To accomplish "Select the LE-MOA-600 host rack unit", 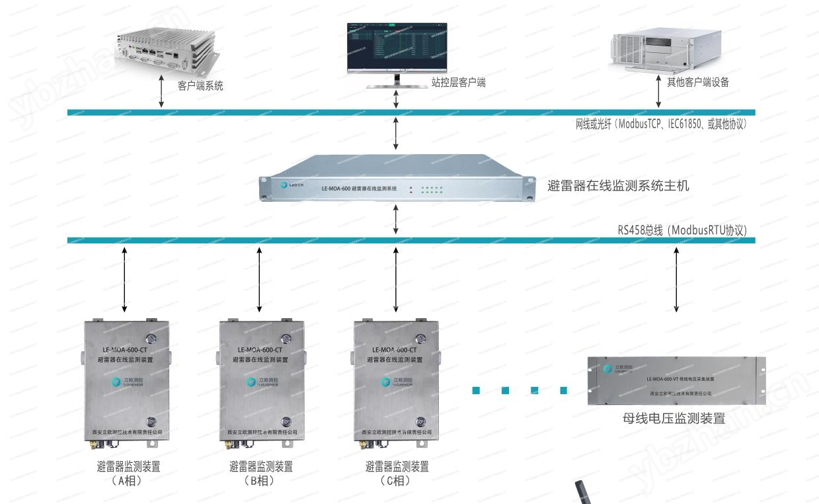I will point(396,179).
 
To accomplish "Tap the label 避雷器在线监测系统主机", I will point(619,186).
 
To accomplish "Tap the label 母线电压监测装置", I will point(674,418).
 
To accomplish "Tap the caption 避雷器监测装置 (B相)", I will point(260,474).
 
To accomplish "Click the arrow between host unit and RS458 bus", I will point(396,220).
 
